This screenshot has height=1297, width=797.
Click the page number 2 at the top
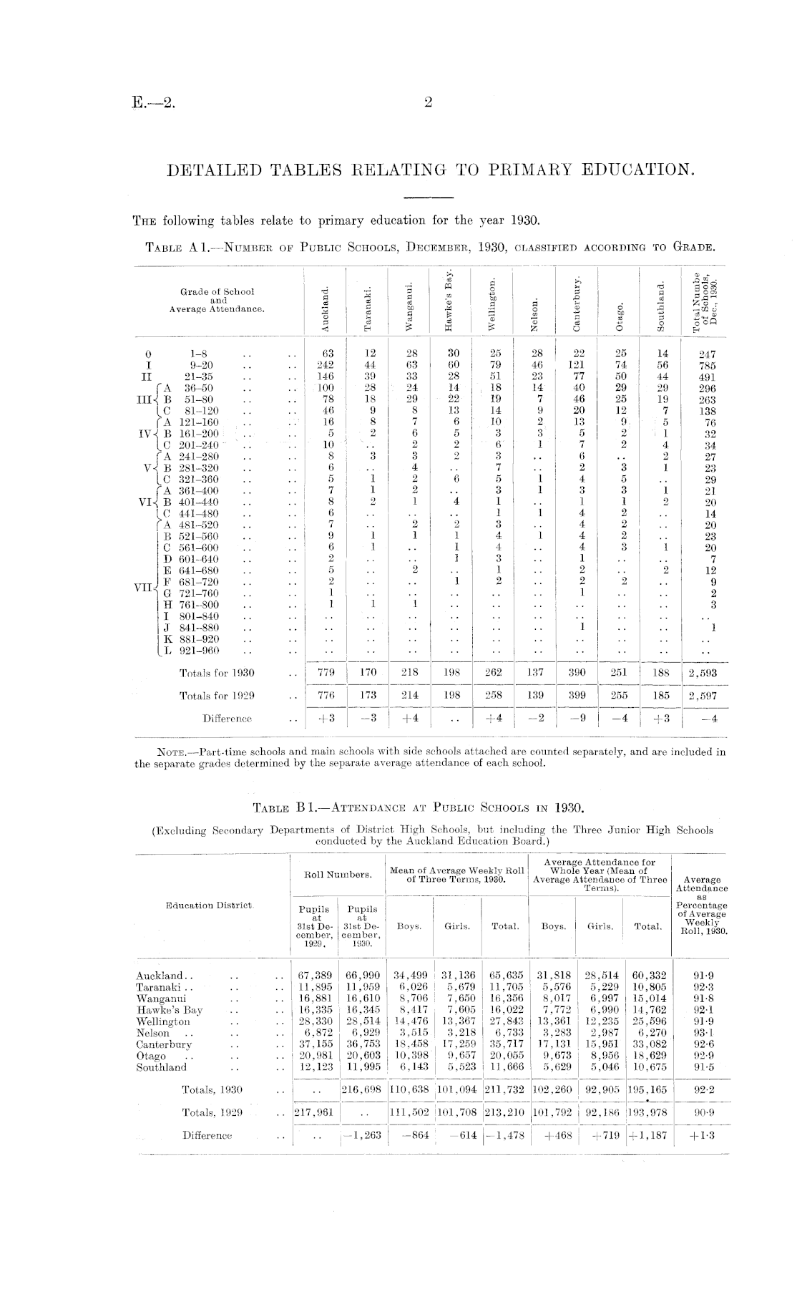point(428,102)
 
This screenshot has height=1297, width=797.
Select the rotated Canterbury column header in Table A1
point(577,303)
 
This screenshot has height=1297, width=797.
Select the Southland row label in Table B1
point(161,1067)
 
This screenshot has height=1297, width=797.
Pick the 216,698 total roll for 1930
point(363,1090)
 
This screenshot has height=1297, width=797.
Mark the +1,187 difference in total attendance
point(647,1135)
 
